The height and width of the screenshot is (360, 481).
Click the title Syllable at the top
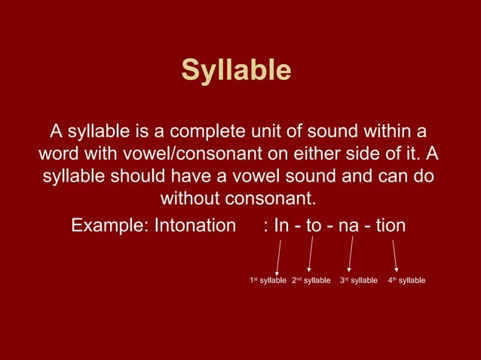coord(236,71)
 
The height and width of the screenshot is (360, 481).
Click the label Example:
coord(109,225)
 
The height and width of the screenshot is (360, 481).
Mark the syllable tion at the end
coord(390,225)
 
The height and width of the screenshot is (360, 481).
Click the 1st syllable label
coord(268,281)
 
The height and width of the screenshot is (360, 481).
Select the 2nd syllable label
coord(311,281)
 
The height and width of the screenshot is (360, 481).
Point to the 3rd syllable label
coord(358,281)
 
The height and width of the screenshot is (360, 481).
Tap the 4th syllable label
coord(406,281)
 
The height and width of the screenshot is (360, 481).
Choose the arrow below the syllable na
coord(351,254)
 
